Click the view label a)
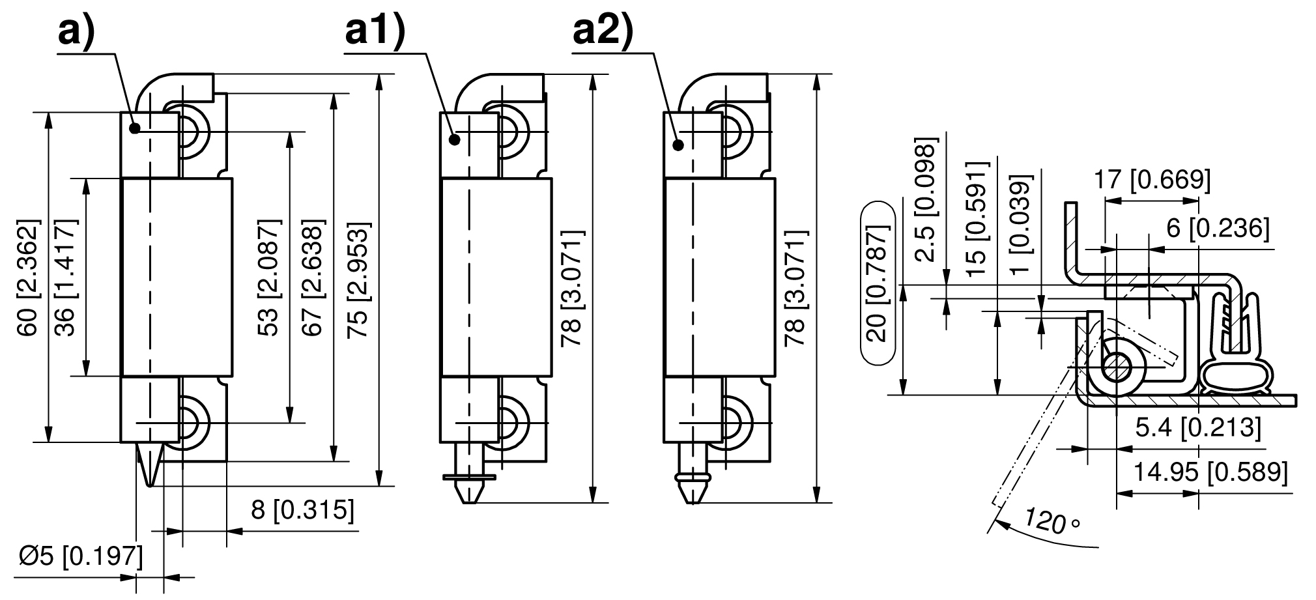point(77,32)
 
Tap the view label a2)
point(603,32)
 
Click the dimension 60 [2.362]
point(29,278)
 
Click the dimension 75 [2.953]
point(359,278)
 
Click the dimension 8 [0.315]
point(303,510)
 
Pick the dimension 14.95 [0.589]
point(1210,471)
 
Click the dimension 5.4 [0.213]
point(1198,428)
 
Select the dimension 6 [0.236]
point(1218,229)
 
